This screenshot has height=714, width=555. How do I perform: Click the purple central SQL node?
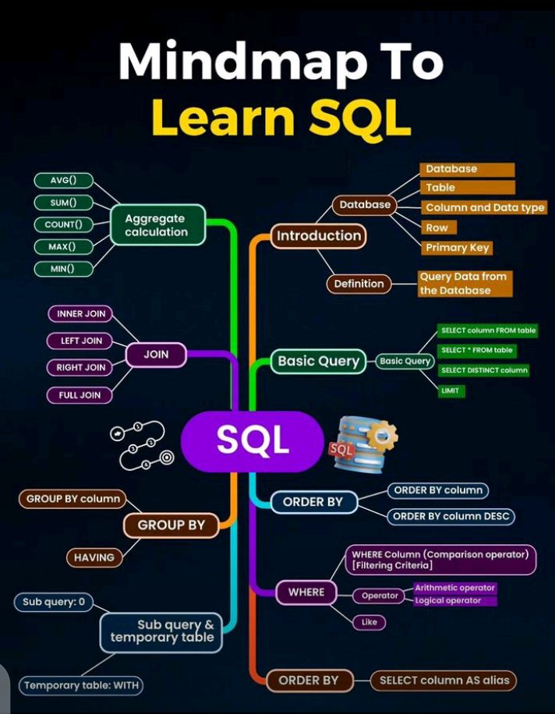tap(252, 441)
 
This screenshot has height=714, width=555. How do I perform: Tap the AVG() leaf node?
tap(63, 181)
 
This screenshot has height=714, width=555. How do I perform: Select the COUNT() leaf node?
tap(63, 224)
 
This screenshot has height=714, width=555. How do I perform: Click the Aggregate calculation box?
tap(157, 225)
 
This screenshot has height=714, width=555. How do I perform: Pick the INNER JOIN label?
tap(80, 314)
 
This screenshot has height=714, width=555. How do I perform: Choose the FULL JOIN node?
tap(80, 395)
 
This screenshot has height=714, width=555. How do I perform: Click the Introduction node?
tap(319, 235)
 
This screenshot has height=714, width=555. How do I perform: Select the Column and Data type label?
tap(484, 207)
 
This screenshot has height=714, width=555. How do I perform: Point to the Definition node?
tap(359, 284)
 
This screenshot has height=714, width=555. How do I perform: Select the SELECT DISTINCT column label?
tap(484, 370)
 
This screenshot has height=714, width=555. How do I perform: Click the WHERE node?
tap(306, 592)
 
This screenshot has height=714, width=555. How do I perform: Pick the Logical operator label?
tap(447, 600)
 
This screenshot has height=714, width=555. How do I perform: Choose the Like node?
tap(369, 622)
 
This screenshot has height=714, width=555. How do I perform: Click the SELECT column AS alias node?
tap(444, 680)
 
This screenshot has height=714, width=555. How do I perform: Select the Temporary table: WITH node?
tap(81, 686)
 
